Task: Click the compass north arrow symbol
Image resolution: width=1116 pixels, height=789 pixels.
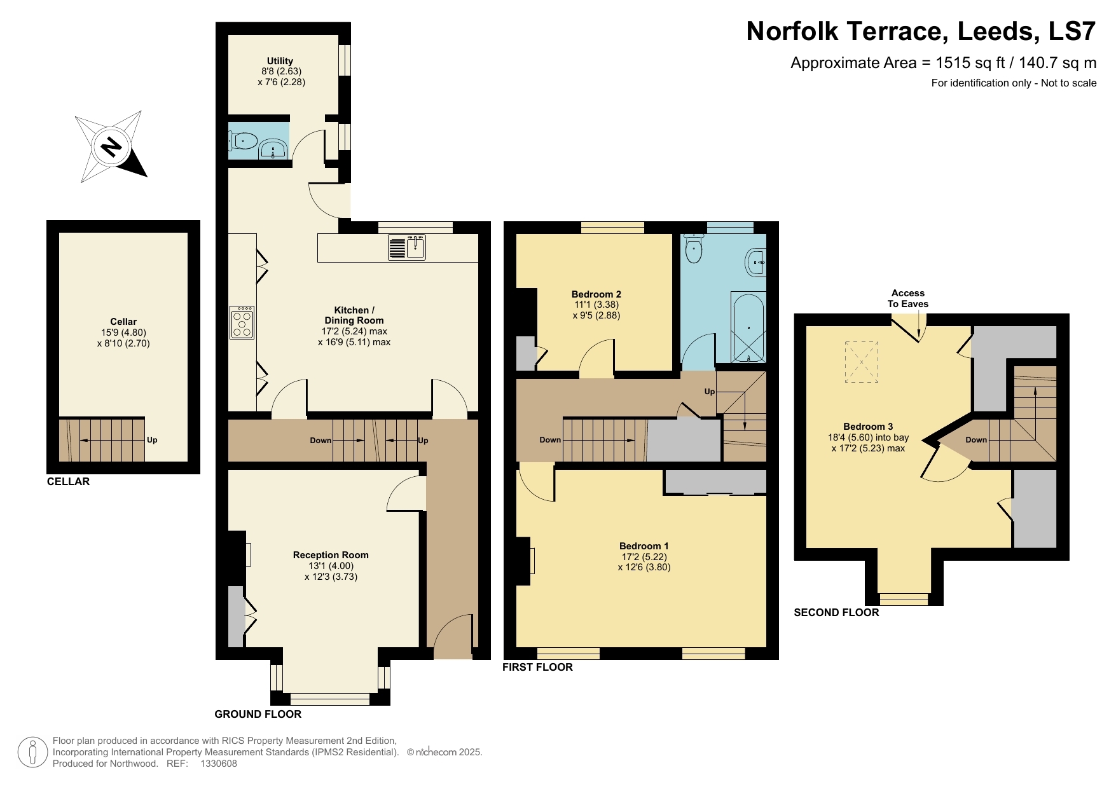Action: (112, 148)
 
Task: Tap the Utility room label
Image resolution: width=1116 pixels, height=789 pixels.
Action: (280, 61)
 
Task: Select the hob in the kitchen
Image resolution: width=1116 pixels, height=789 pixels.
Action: (242, 322)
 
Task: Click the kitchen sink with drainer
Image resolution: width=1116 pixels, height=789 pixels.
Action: (407, 247)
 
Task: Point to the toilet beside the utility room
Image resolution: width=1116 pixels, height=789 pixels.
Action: (244, 141)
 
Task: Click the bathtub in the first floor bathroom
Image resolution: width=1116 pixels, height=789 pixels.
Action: (748, 327)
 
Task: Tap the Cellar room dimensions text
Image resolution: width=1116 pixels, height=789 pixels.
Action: (123, 338)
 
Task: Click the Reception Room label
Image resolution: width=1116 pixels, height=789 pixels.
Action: (331, 555)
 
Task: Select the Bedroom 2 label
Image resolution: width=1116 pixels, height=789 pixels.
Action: (596, 294)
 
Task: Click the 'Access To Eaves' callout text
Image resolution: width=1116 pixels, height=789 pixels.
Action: (907, 298)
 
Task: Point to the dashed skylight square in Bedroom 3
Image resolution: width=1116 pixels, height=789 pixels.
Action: (861, 362)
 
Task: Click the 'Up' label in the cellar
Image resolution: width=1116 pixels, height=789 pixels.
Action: (152, 440)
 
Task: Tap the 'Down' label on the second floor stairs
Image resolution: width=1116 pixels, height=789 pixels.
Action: (976, 440)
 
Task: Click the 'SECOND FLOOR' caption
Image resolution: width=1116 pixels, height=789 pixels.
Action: (836, 612)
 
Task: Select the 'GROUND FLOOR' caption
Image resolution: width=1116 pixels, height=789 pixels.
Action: (258, 714)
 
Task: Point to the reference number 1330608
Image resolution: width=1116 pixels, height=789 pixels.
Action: (219, 764)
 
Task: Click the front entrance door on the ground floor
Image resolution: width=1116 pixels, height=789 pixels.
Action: (454, 636)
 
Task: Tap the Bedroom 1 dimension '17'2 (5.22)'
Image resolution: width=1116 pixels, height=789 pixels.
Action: (644, 557)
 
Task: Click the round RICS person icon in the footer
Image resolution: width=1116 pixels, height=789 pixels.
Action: (32, 752)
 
